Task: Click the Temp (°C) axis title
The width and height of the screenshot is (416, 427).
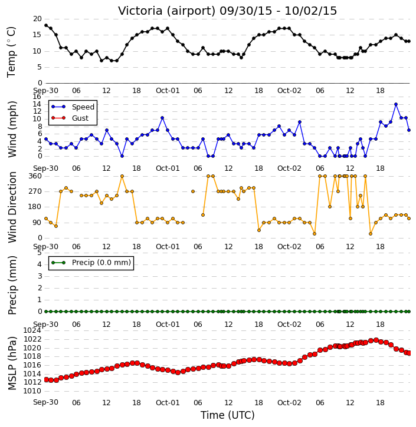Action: tap(11, 52)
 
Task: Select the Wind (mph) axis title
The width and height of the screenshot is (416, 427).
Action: tap(12, 130)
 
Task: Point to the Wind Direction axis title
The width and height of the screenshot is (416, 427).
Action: tap(12, 207)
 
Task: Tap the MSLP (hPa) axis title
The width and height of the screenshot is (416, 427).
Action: tap(12, 363)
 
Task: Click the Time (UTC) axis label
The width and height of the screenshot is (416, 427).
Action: tap(228, 415)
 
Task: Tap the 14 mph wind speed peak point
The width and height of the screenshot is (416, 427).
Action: tap(396, 104)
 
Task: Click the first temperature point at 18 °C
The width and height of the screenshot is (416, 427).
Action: tap(46, 25)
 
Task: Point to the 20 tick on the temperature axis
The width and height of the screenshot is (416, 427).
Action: tap(37, 19)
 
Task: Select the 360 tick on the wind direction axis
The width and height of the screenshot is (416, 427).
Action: tap(35, 176)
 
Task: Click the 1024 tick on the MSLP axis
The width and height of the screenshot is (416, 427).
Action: tap(32, 330)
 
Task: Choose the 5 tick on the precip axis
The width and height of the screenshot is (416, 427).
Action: tap(40, 253)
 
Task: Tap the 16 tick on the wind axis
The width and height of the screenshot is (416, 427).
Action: tap(37, 97)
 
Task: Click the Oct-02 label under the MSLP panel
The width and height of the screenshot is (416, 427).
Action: tap(289, 402)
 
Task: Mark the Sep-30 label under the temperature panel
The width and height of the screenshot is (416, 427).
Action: tap(45, 91)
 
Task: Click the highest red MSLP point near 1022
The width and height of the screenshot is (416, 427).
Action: tap(376, 340)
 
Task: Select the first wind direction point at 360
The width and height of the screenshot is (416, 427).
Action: tap(122, 176)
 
